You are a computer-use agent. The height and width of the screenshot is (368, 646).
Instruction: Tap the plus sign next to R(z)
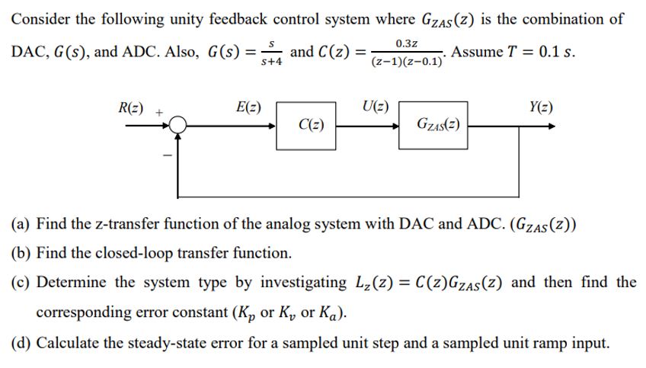click(x=160, y=110)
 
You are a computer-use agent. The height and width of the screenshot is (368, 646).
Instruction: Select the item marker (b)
click(x=20, y=253)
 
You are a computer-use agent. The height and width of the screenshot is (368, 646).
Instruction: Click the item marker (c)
click(x=20, y=283)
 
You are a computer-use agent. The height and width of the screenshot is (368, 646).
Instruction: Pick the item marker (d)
click(x=20, y=343)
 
